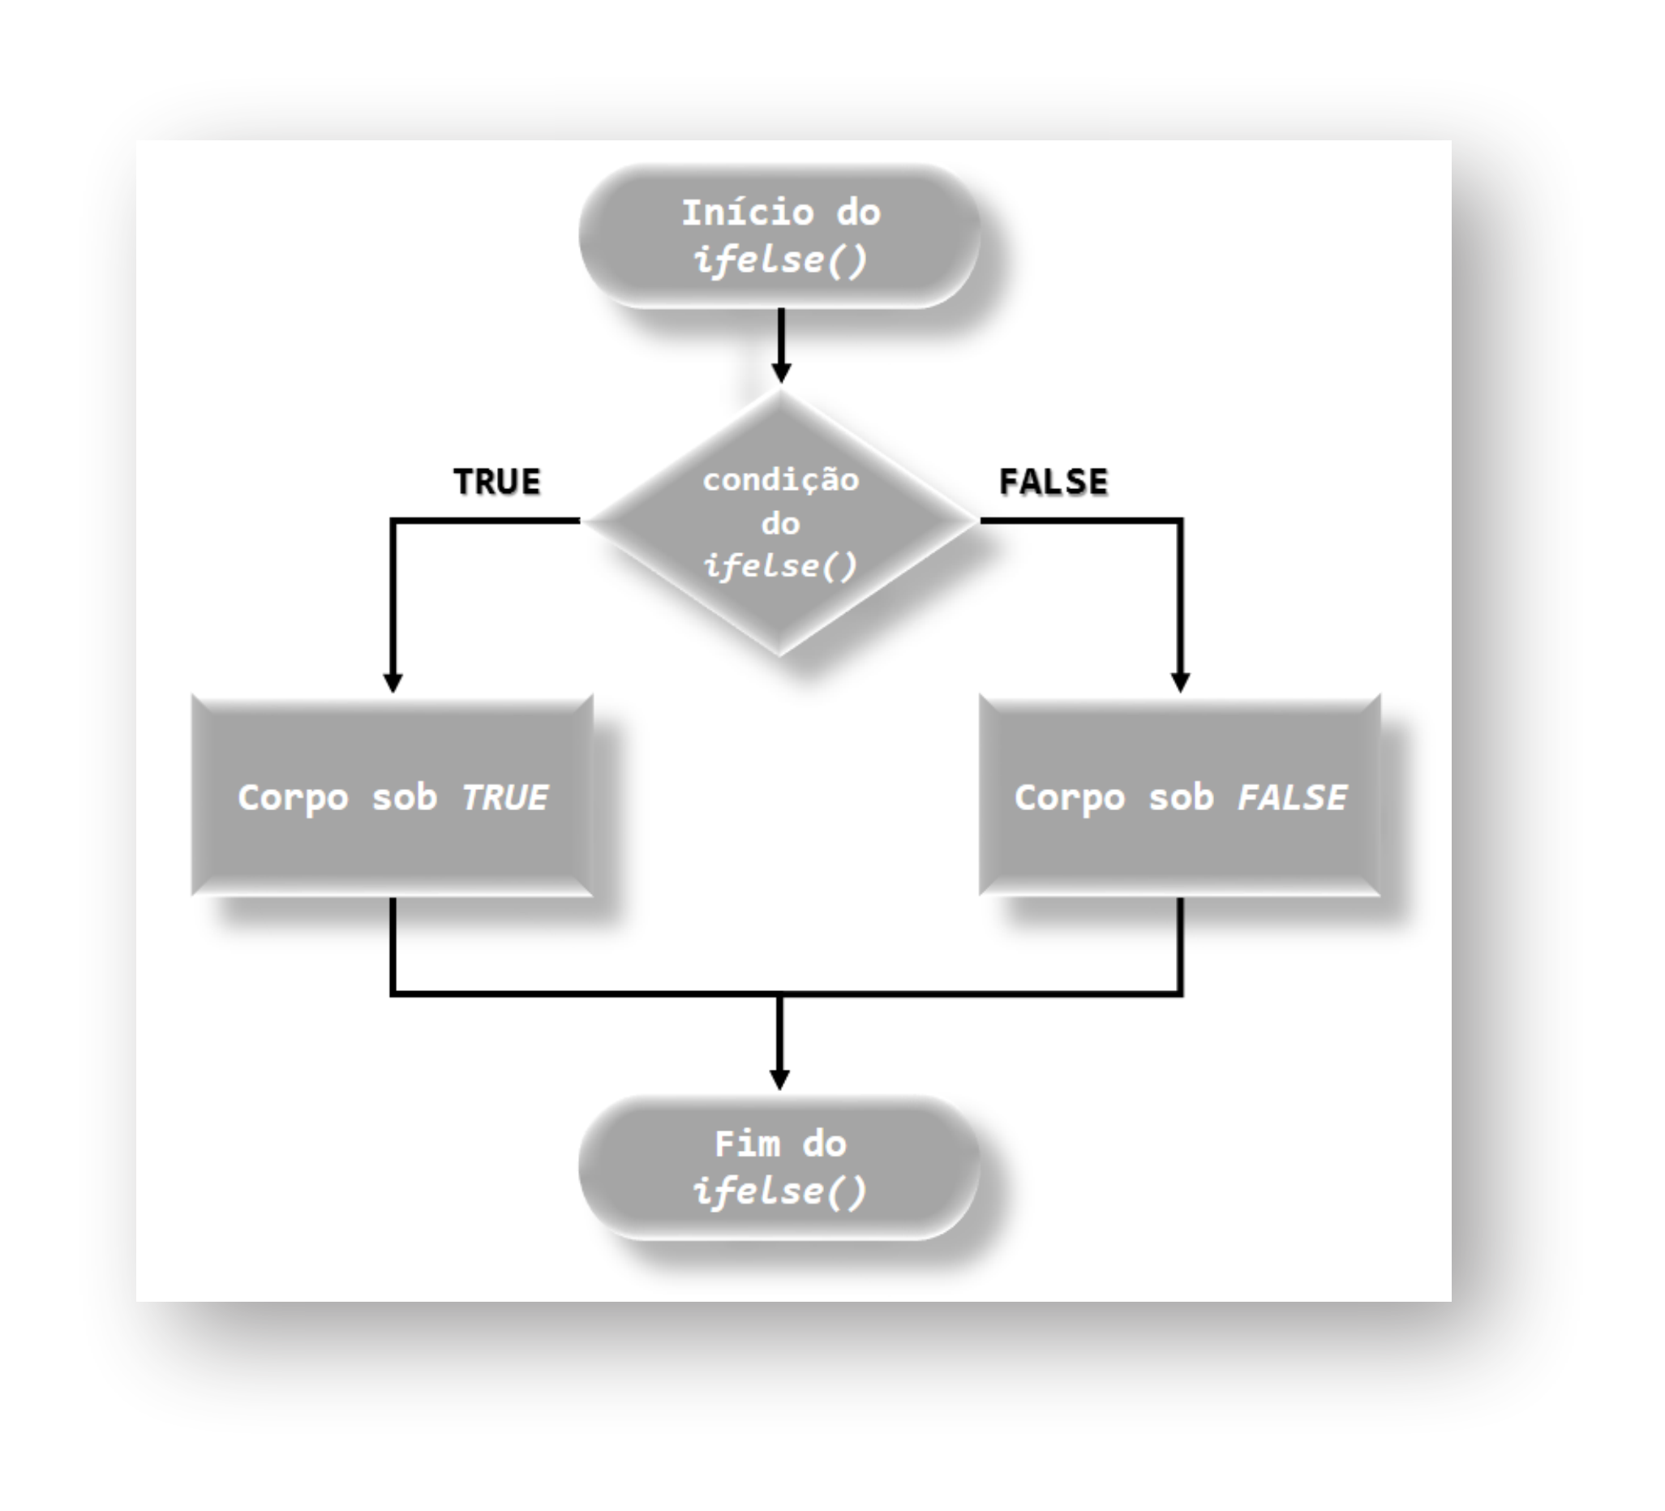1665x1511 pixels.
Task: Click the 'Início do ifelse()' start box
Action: click(779, 236)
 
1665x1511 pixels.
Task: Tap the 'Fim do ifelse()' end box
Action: click(779, 1167)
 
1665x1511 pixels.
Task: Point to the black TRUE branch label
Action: click(497, 482)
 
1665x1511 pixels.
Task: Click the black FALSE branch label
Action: click(1053, 482)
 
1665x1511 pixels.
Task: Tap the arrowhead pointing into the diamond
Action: click(780, 371)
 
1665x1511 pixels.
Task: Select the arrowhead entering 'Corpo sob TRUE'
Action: click(393, 681)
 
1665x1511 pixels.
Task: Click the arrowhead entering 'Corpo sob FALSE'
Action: click(1180, 681)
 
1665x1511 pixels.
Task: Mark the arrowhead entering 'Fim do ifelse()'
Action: click(779, 1079)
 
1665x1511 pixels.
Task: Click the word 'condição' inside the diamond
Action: click(780, 479)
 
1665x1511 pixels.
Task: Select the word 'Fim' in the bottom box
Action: click(747, 1144)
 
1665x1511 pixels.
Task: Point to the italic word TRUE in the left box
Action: click(504, 797)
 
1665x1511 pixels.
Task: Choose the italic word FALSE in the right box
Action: click(1292, 797)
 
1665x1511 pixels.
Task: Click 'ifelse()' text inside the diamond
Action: click(780, 566)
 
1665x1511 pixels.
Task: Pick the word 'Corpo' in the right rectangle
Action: click(1070, 798)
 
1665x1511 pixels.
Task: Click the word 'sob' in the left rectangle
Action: click(404, 797)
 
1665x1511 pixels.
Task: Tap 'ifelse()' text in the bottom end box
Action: click(780, 1191)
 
